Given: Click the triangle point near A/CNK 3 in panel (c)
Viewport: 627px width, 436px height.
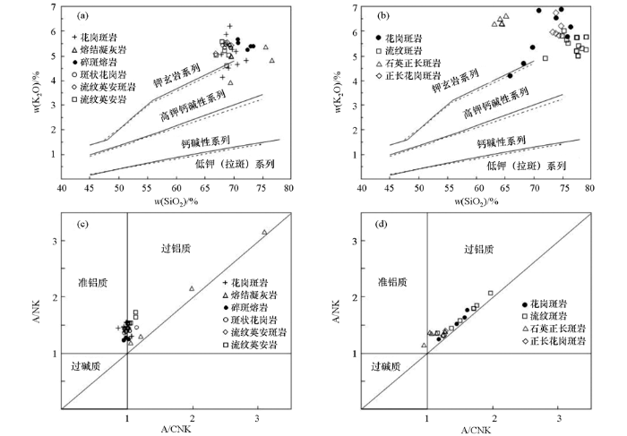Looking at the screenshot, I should pos(264,232).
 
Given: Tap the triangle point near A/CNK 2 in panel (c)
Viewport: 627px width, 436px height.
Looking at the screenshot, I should pos(192,288).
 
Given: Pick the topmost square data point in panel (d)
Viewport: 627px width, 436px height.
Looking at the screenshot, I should pos(491,293).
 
